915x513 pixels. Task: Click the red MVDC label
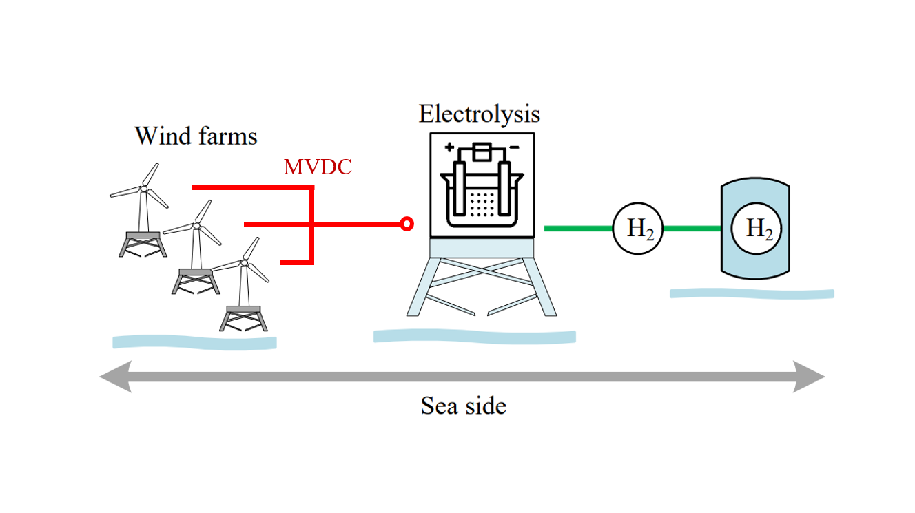(318, 167)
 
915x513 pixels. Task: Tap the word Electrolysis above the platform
(480, 114)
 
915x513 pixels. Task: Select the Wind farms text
(196, 136)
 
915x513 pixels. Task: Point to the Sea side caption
(464, 406)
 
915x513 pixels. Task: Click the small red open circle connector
(407, 224)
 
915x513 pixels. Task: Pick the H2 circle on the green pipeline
(638, 229)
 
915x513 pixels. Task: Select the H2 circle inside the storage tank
(757, 229)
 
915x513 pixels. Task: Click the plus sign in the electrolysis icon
(449, 147)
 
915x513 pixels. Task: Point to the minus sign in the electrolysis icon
(514, 147)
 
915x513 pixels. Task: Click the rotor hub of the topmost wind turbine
(144, 188)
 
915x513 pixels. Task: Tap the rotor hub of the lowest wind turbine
(243, 262)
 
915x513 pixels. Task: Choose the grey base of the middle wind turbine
(195, 273)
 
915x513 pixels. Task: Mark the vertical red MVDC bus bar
(311, 224)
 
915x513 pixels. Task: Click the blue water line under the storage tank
(752, 294)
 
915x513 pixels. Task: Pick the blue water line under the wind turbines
(194, 342)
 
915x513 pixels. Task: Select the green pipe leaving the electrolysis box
(577, 228)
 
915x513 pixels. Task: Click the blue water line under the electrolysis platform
(474, 337)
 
